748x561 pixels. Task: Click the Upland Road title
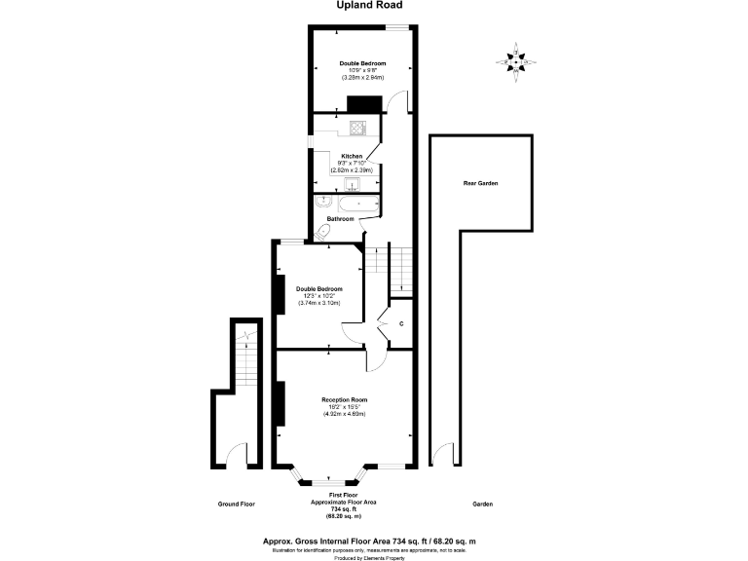click(x=369, y=5)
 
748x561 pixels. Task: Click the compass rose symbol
click(x=516, y=59)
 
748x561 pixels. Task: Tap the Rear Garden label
click(x=480, y=183)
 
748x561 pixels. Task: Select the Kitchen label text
click(x=352, y=156)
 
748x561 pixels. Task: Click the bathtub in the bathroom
click(x=356, y=205)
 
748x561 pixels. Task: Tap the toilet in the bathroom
click(x=323, y=233)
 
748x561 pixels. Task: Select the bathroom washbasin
click(x=321, y=202)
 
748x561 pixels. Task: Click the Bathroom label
click(x=340, y=219)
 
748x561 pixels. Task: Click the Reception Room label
click(x=344, y=399)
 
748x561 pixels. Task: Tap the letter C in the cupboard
click(x=400, y=324)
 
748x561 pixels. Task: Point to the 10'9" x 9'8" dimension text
click(x=361, y=71)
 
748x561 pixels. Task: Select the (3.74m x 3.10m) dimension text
click(x=319, y=303)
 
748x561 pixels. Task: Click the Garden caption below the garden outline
click(x=482, y=504)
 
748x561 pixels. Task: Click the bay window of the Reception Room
click(x=335, y=478)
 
